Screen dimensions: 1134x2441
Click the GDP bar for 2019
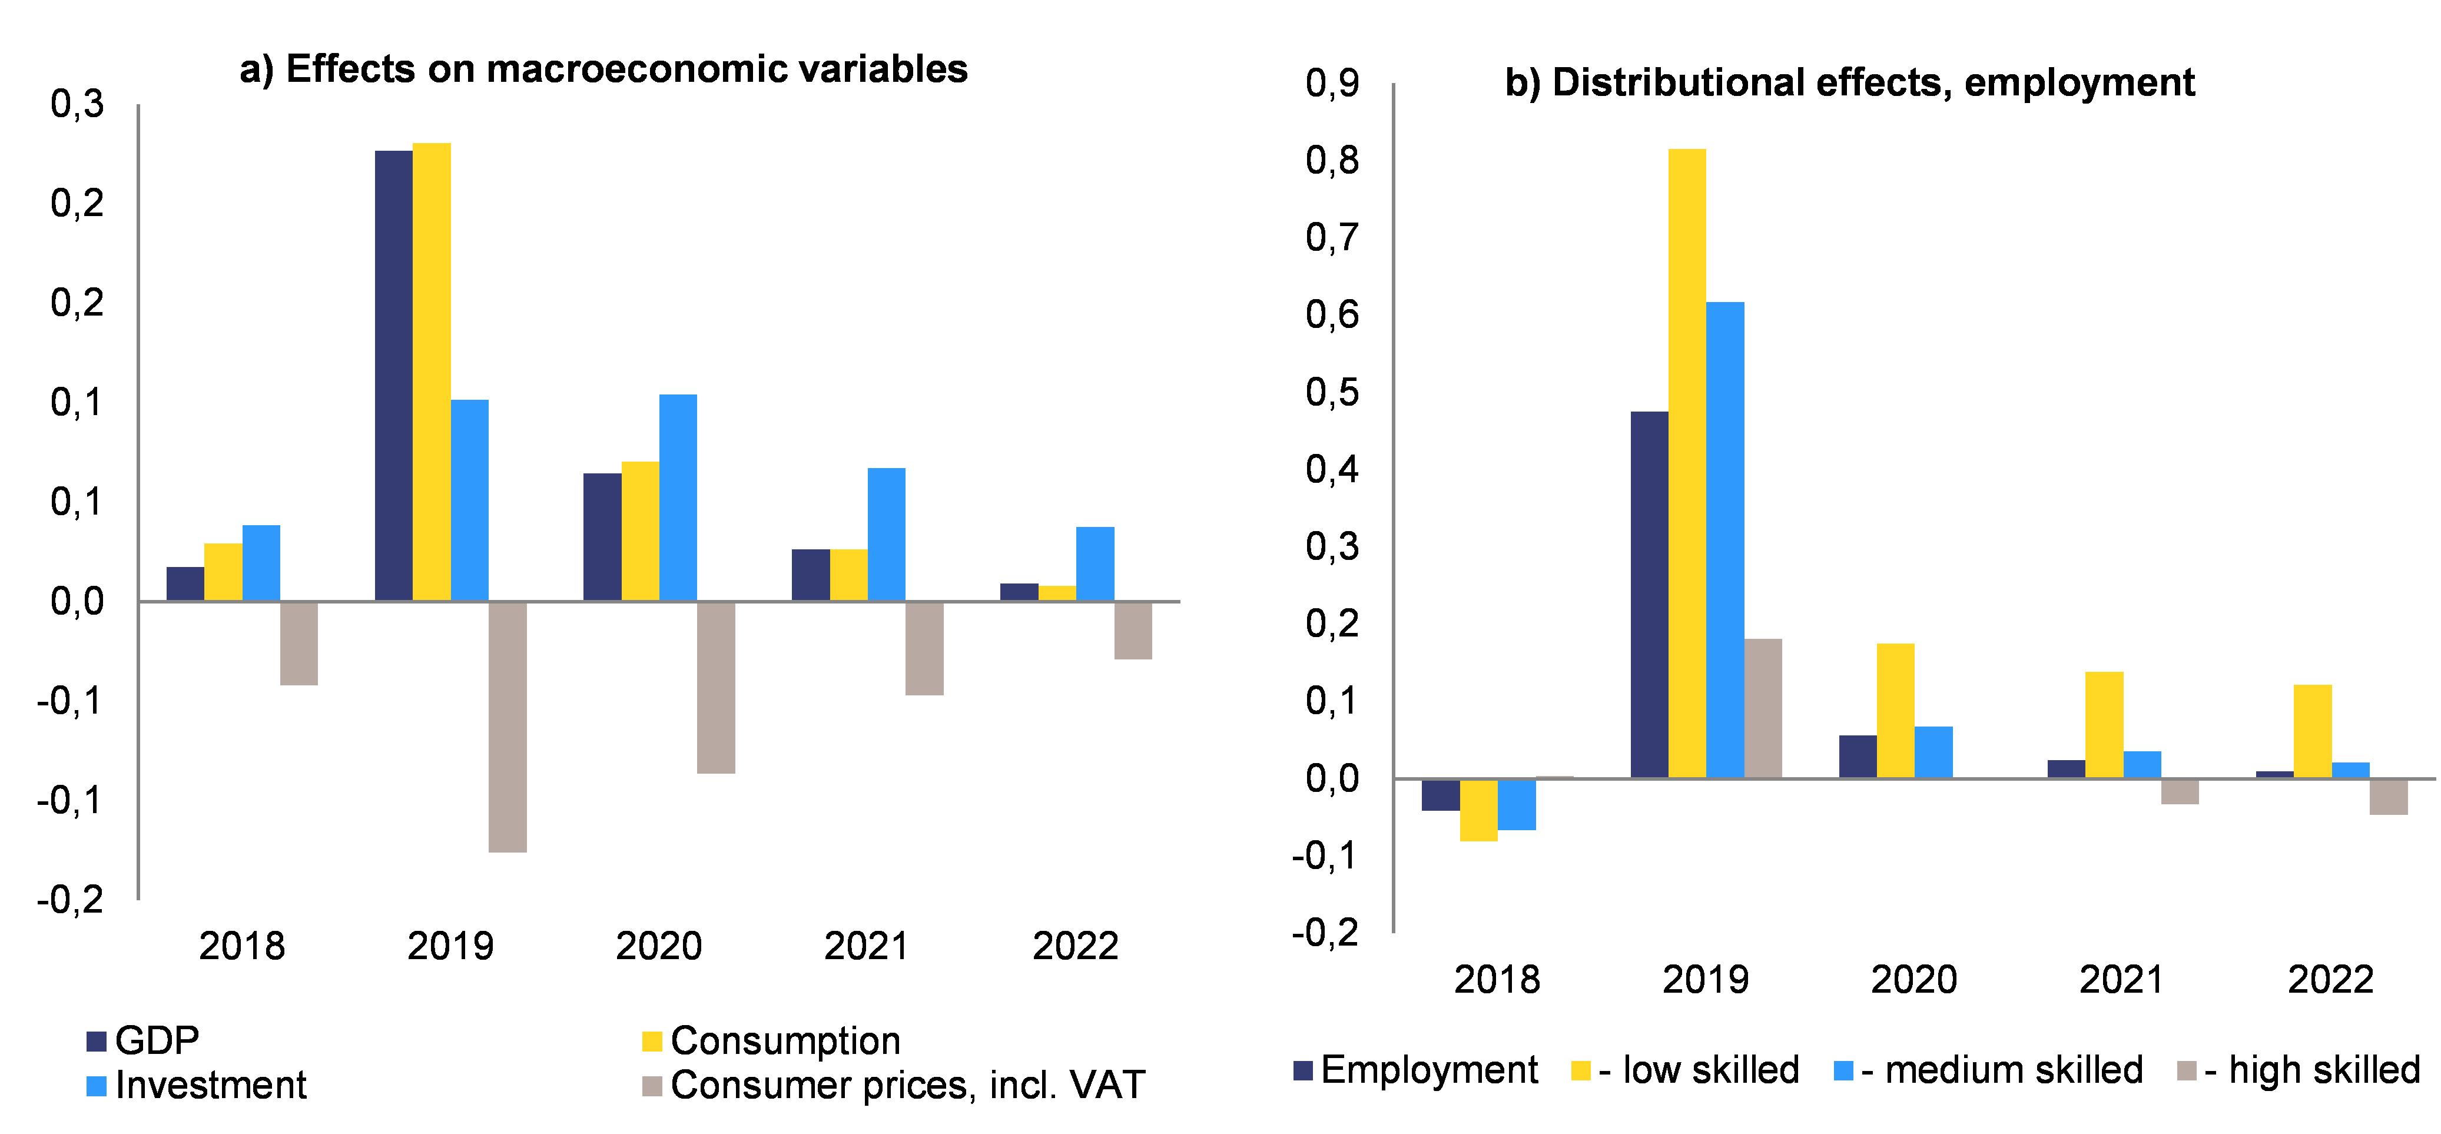point(393,375)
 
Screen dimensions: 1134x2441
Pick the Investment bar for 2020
point(678,498)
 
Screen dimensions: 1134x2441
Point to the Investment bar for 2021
point(887,534)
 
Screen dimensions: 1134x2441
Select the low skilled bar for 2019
point(1687,463)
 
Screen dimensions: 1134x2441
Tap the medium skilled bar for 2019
point(1724,540)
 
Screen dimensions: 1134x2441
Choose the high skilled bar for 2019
point(1763,709)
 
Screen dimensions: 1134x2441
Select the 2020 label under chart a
point(659,946)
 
